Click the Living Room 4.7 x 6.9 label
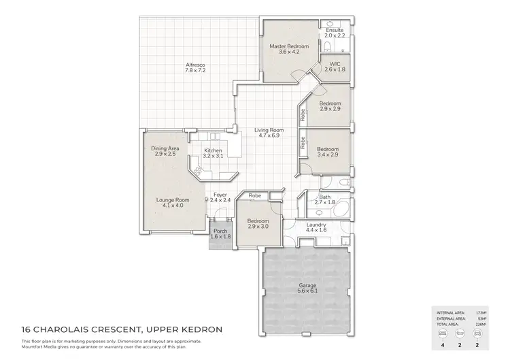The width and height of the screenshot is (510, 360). click(x=269, y=133)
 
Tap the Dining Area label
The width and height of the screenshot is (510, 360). click(x=165, y=151)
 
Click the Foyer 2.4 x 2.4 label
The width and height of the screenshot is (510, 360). click(x=220, y=197)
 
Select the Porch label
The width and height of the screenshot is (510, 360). click(x=221, y=233)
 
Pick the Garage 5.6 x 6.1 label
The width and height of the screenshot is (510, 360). click(x=308, y=289)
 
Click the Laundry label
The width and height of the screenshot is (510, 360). click(x=316, y=227)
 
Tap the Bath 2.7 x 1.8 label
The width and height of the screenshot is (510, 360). click(x=325, y=200)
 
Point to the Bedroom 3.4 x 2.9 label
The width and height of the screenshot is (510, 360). click(x=328, y=151)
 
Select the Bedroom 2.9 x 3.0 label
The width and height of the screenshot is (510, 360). click(x=258, y=224)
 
